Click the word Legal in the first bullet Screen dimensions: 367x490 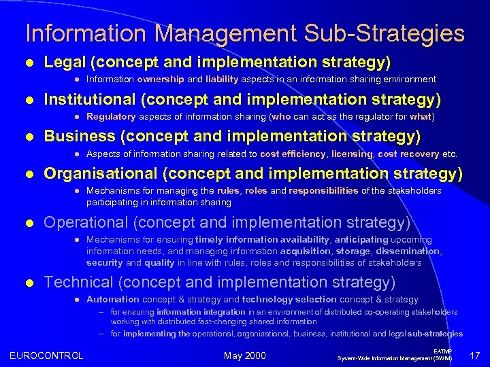point(67,63)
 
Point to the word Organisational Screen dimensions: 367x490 point(99,174)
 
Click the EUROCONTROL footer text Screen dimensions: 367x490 point(46,355)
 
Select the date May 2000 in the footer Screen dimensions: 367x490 point(245,355)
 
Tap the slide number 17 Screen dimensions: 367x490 point(474,355)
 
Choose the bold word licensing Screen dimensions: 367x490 point(352,154)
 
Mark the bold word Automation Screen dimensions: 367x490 point(112,299)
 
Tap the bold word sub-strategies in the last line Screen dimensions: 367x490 point(436,334)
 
